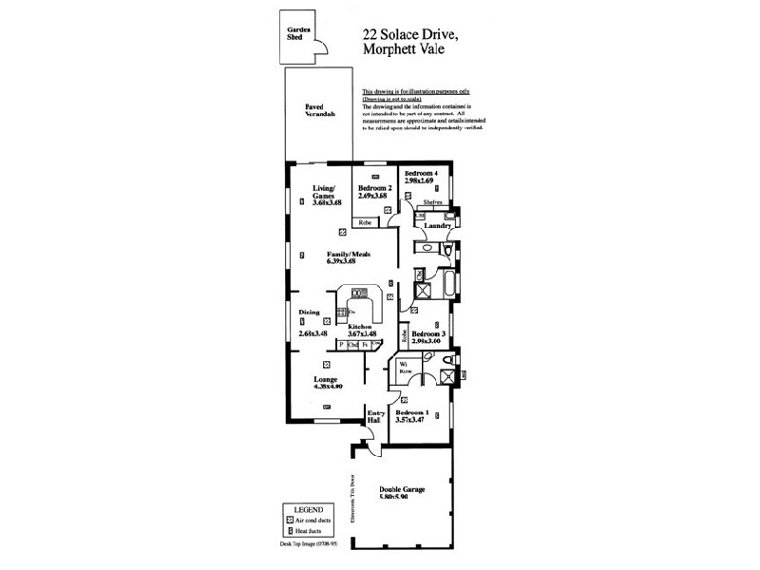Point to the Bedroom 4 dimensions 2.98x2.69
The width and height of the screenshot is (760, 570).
point(418,181)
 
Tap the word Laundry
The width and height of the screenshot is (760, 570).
point(437,226)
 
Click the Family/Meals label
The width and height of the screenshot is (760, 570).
point(348,255)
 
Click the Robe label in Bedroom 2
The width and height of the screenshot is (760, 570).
point(365,222)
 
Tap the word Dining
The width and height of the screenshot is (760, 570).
point(309,312)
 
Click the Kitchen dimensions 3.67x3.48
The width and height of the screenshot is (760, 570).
point(363,333)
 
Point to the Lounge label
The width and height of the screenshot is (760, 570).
point(326,378)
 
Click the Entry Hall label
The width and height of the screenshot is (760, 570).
point(375,417)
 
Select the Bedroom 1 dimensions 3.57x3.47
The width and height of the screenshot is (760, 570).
point(412,422)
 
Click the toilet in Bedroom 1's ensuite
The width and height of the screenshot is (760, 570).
point(429,358)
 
